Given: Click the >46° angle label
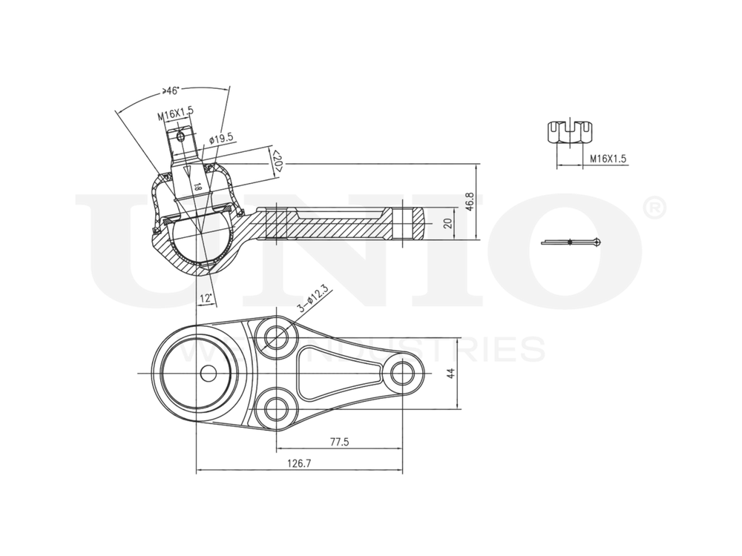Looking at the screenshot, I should click(x=171, y=92).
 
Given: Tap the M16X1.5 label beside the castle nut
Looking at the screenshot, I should click(x=608, y=159).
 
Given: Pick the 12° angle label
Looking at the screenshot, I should click(x=206, y=298).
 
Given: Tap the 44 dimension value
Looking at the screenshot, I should click(x=450, y=372).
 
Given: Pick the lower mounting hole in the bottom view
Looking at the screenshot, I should click(x=276, y=406).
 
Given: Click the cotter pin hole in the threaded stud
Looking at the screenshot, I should click(x=179, y=136).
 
